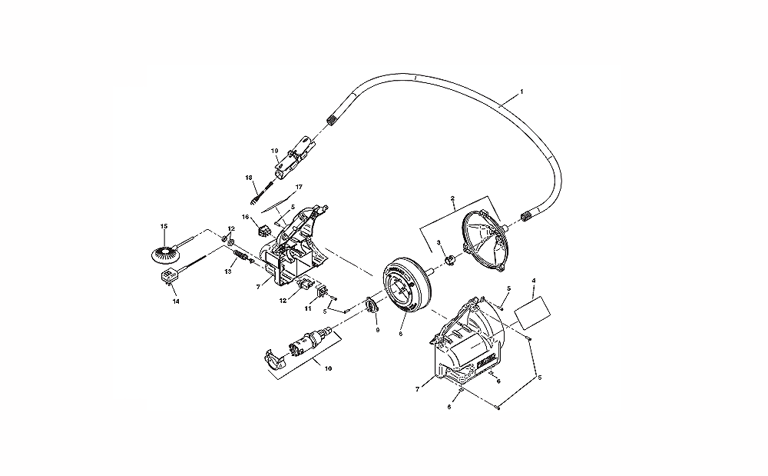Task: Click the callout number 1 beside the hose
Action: (521, 92)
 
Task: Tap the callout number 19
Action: (273, 151)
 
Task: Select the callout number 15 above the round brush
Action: (164, 226)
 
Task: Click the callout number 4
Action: (534, 281)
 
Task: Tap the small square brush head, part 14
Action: (167, 275)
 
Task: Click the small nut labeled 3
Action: (452, 261)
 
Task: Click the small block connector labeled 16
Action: (266, 228)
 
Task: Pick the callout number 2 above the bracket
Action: (453, 198)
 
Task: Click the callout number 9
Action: (377, 330)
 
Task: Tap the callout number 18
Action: (249, 178)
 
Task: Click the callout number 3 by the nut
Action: (439, 243)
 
